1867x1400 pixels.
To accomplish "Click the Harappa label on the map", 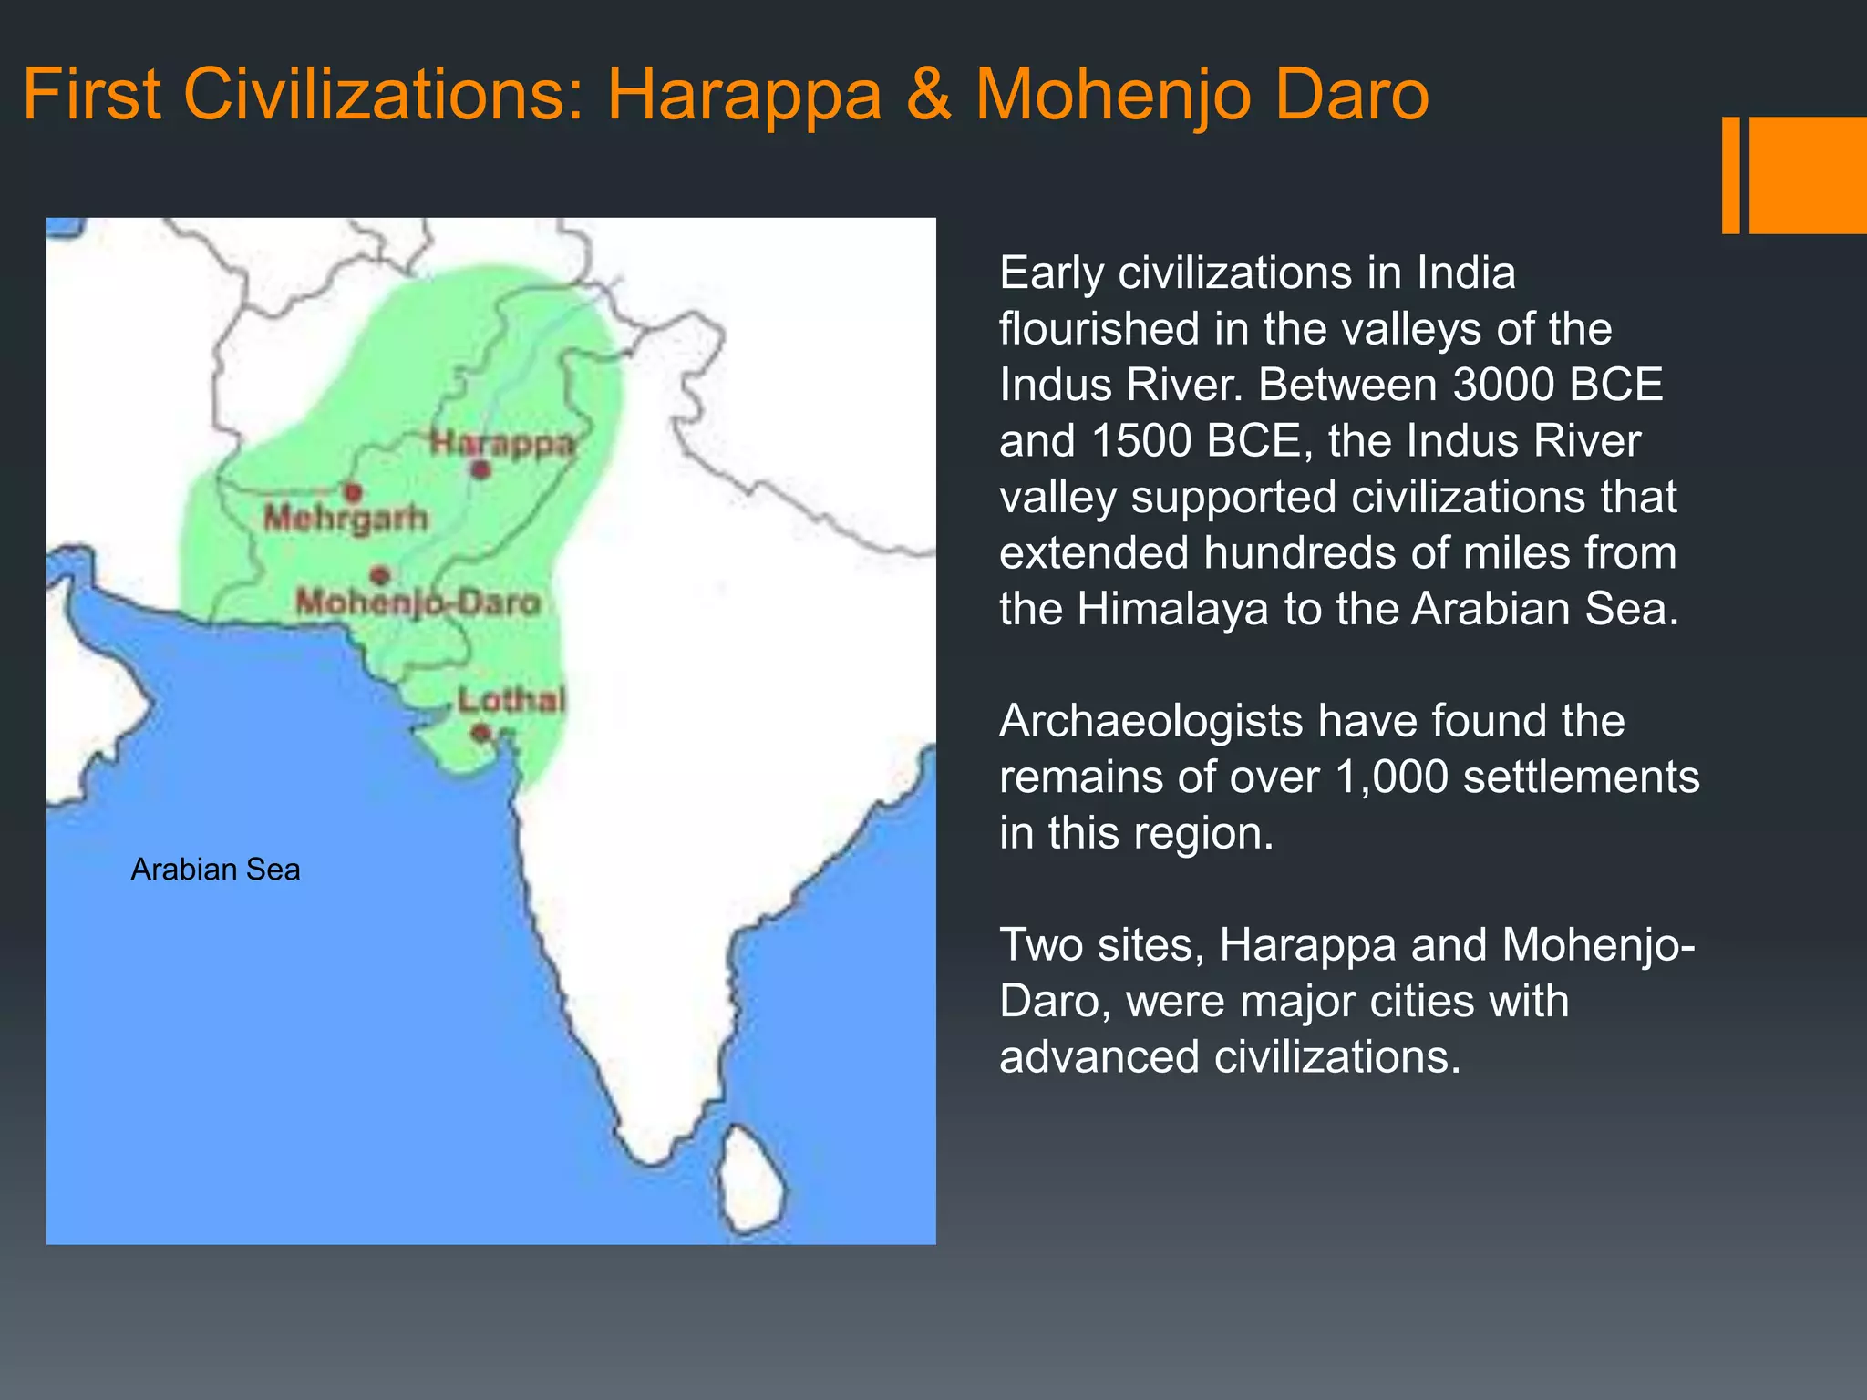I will tap(502, 443).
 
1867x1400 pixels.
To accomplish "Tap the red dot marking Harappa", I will tap(481, 469).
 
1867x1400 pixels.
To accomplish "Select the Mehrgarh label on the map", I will tap(346, 518).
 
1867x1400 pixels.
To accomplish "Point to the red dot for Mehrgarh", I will tap(353, 492).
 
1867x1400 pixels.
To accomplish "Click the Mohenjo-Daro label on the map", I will tap(418, 602).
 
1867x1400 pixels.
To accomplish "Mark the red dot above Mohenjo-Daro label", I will tap(380, 574).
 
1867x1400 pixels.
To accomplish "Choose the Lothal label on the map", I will tap(511, 700).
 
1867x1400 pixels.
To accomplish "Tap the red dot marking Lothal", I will tap(481, 732).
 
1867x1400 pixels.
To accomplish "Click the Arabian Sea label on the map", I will tap(215, 870).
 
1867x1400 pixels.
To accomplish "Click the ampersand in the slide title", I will tap(928, 95).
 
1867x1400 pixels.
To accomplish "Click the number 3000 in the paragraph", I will tap(1499, 385).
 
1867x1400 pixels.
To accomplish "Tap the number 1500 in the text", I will tap(1141, 441).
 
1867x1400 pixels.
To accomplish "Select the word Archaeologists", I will tap(1150, 721).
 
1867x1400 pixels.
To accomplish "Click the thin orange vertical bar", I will tap(1730, 175).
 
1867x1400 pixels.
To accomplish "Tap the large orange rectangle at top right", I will tap(1808, 175).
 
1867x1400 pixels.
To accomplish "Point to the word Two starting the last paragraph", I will tap(1040, 945).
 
